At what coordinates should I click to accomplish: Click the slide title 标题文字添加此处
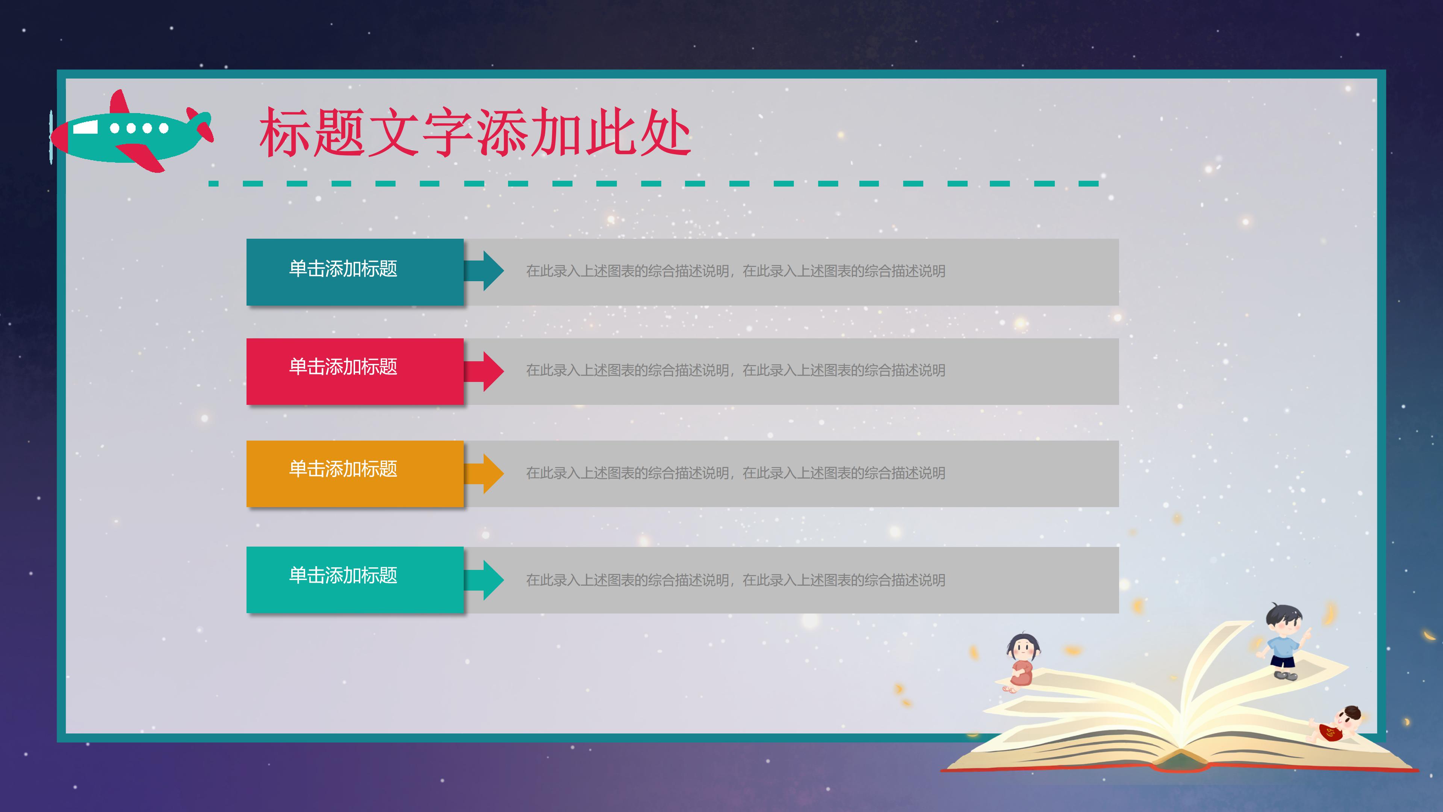coord(475,133)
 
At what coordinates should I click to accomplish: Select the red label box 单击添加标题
coord(355,371)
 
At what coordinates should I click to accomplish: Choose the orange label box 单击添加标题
coord(355,474)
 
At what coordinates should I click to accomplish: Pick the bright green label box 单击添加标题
coord(355,579)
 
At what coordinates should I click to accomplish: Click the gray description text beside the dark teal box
coord(735,271)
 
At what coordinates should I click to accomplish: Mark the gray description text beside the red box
coord(735,370)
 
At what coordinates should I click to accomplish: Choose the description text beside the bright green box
coord(735,580)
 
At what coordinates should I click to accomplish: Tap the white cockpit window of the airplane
coord(85,128)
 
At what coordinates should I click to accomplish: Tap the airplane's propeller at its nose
coord(51,137)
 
